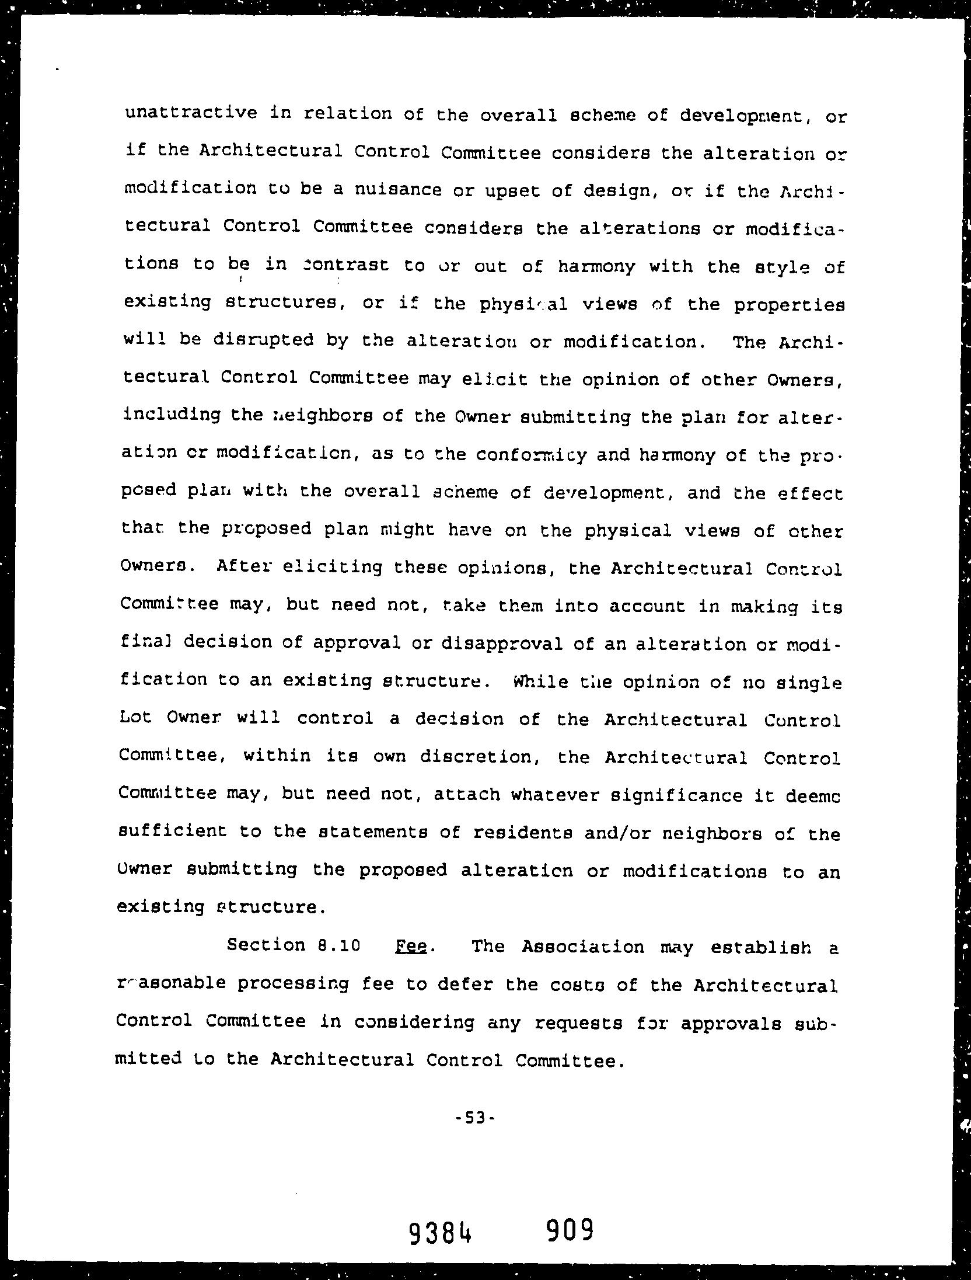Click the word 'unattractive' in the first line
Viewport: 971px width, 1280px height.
coord(191,112)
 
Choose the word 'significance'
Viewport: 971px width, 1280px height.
coord(626,795)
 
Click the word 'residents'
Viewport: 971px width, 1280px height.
coord(522,833)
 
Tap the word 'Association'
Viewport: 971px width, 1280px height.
coord(583,946)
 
